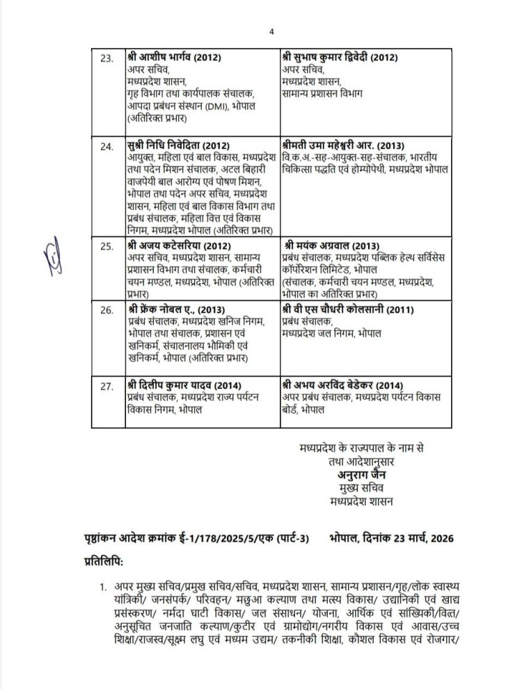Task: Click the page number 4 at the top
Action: click(273, 31)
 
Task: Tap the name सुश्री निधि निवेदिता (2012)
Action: click(173, 147)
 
